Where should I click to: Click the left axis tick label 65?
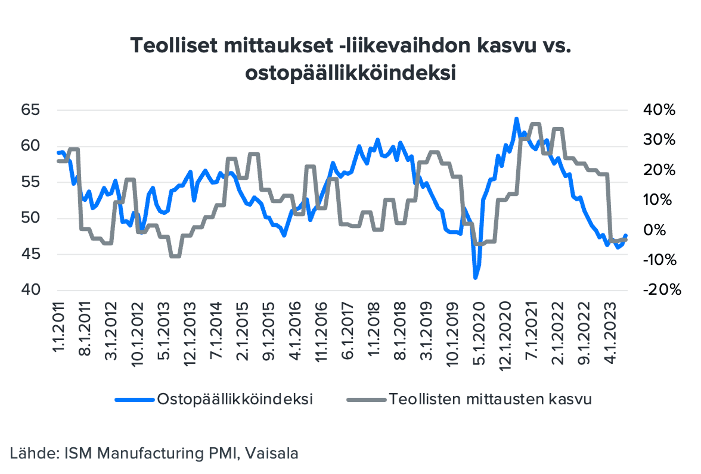30,110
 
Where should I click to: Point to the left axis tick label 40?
30,290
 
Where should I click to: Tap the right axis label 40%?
659,110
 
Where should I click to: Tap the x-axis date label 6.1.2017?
347,332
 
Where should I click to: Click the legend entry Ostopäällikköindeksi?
235,399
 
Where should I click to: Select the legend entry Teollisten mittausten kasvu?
490,399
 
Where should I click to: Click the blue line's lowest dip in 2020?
475,278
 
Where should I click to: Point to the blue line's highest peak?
516,119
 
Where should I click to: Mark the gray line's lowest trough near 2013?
175,256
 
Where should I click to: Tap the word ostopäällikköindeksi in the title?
350,73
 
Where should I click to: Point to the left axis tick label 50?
30,218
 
